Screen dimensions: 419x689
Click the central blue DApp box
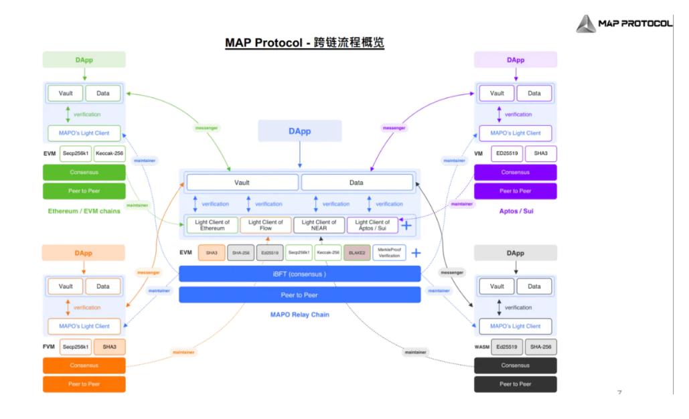tap(299, 131)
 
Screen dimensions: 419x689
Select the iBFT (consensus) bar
tap(299, 274)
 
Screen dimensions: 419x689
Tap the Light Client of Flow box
tap(266, 226)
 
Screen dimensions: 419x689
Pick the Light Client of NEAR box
tap(319, 226)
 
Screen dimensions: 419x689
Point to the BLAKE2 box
tap(357, 253)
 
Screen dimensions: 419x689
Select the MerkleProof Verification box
tap(389, 253)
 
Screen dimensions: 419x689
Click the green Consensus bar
tap(84, 173)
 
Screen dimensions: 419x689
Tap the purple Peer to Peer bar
tap(516, 191)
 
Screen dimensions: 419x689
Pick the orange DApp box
tap(84, 253)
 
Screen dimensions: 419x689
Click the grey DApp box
tap(516, 253)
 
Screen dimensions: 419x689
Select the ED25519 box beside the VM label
tap(507, 154)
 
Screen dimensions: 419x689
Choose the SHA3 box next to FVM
tap(109, 347)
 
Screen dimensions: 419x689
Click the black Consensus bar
tap(516, 365)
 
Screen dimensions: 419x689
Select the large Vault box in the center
tap(242, 182)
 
